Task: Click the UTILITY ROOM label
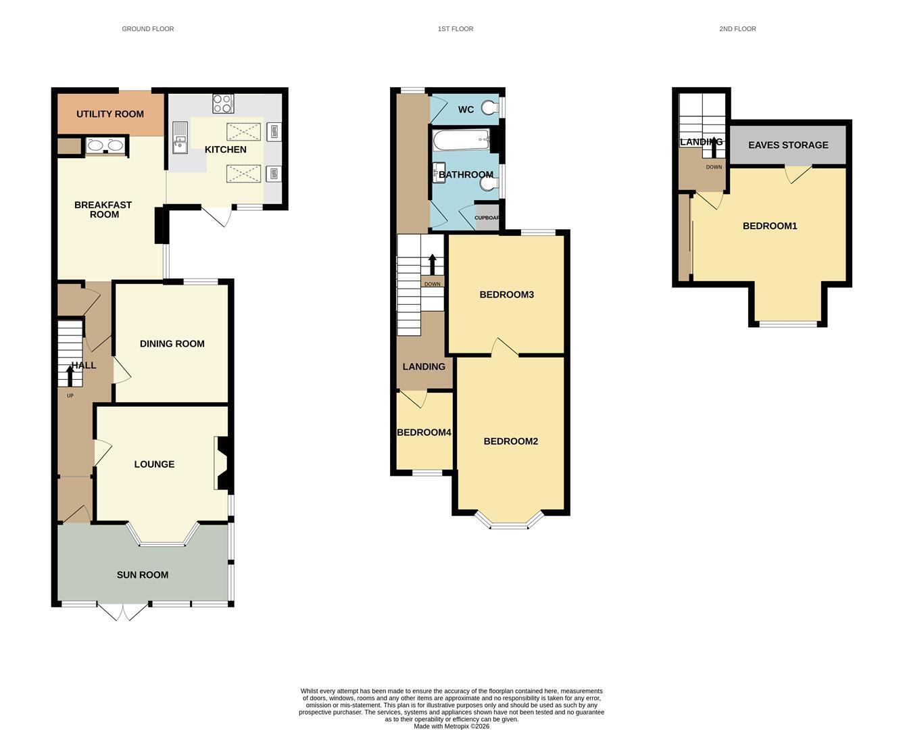click(109, 114)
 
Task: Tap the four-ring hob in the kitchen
click(223, 103)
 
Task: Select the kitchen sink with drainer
click(180, 138)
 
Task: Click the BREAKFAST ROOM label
click(103, 210)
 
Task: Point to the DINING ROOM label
click(172, 344)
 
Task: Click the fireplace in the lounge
click(224, 463)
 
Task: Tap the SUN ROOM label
click(143, 575)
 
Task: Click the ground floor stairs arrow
click(70, 376)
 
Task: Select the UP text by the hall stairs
click(70, 395)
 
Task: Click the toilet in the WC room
click(490, 108)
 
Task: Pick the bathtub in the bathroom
click(461, 139)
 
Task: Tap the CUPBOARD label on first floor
click(486, 218)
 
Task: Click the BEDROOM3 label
click(507, 295)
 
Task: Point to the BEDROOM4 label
click(424, 433)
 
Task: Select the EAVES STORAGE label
click(788, 145)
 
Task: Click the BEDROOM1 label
click(770, 226)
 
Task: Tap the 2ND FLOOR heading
click(737, 29)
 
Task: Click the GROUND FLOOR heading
click(148, 29)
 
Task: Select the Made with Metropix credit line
click(451, 726)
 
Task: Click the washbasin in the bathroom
click(439, 173)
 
